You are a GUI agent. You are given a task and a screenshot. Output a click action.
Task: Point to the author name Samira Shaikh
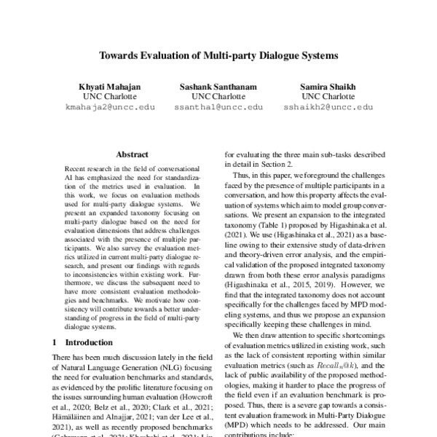coord(328,87)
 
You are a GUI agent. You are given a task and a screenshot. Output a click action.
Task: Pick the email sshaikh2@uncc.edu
coord(328,107)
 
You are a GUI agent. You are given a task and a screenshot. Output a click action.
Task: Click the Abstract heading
coord(132,154)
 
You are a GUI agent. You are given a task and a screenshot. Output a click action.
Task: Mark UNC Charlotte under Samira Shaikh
coord(328,97)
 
